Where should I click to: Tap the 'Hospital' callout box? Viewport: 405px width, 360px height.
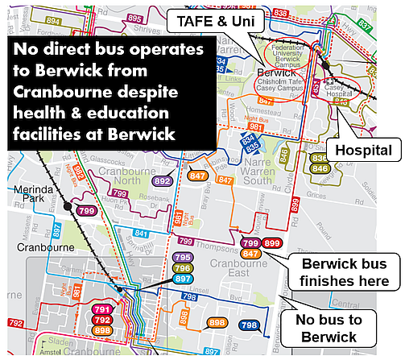click(363, 150)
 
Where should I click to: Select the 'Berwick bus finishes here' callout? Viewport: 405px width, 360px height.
click(344, 273)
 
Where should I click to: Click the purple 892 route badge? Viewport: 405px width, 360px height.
click(163, 181)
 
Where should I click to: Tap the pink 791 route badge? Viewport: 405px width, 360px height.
click(102, 309)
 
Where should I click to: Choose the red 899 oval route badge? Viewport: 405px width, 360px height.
click(272, 243)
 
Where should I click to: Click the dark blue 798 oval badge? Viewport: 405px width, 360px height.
click(249, 325)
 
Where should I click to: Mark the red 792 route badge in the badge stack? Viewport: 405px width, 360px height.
click(102, 320)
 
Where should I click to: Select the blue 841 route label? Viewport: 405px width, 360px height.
click(141, 234)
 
